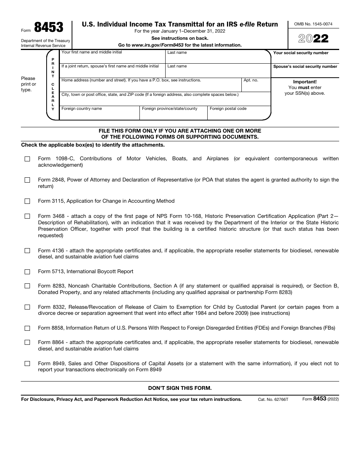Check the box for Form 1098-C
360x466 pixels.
coord(27,159)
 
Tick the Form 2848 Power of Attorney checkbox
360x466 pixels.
coord(27,180)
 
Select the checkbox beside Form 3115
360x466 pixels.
coord(27,201)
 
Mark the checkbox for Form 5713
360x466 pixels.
coord(27,272)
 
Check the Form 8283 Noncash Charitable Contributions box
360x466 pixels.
coord(27,286)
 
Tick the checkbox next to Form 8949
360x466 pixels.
coord(27,364)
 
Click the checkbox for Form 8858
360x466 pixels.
coord(27,328)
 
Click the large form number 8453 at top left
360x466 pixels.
coord(49,28)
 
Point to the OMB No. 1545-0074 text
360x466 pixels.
coord(313,24)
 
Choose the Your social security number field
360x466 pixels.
coord(305,59)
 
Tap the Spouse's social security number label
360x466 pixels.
coord(305,67)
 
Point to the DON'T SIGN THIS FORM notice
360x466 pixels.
coord(180,388)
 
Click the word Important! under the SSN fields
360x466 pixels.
coord(305,82)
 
